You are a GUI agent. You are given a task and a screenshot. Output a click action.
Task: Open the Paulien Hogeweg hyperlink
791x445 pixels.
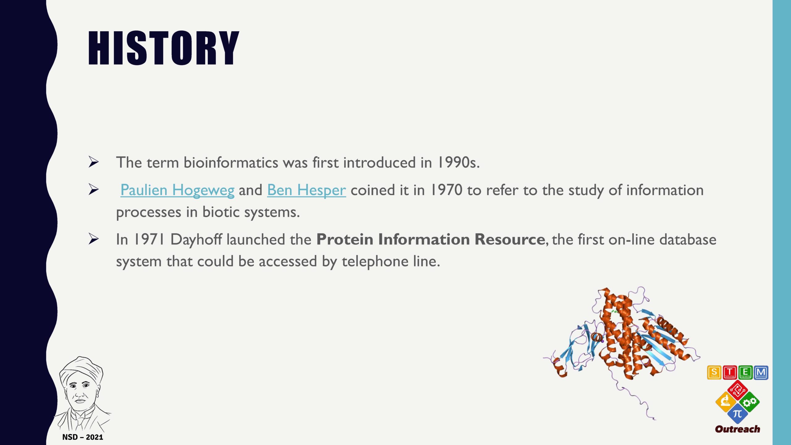[x=177, y=190]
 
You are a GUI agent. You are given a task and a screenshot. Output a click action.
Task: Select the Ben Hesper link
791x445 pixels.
[x=307, y=190]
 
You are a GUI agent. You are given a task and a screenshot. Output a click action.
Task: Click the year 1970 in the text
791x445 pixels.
[x=446, y=190]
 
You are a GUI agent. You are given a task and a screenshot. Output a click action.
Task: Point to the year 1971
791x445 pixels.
[x=149, y=239]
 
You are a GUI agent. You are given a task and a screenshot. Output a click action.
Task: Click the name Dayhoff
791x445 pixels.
[x=196, y=240]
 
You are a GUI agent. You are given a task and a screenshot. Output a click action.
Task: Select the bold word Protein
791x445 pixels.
[x=345, y=239]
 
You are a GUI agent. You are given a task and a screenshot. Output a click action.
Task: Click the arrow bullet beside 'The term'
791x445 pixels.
[x=94, y=162]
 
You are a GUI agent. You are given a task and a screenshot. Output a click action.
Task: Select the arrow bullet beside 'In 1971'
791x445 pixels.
[x=94, y=239]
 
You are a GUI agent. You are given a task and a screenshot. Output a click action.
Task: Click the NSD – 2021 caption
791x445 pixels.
[x=83, y=437]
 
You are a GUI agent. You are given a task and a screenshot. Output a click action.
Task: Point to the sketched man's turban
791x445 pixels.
[x=81, y=370]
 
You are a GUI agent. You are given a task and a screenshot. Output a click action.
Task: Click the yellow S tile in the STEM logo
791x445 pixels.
[x=714, y=372]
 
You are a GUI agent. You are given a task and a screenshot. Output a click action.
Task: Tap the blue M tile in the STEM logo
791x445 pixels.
[x=761, y=372]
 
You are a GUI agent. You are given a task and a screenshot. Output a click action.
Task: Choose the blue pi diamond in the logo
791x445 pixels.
[x=738, y=413]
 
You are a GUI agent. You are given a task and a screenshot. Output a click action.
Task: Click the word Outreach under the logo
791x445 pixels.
[x=738, y=429]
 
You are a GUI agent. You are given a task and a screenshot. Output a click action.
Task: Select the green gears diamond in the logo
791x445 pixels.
[x=749, y=402]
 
